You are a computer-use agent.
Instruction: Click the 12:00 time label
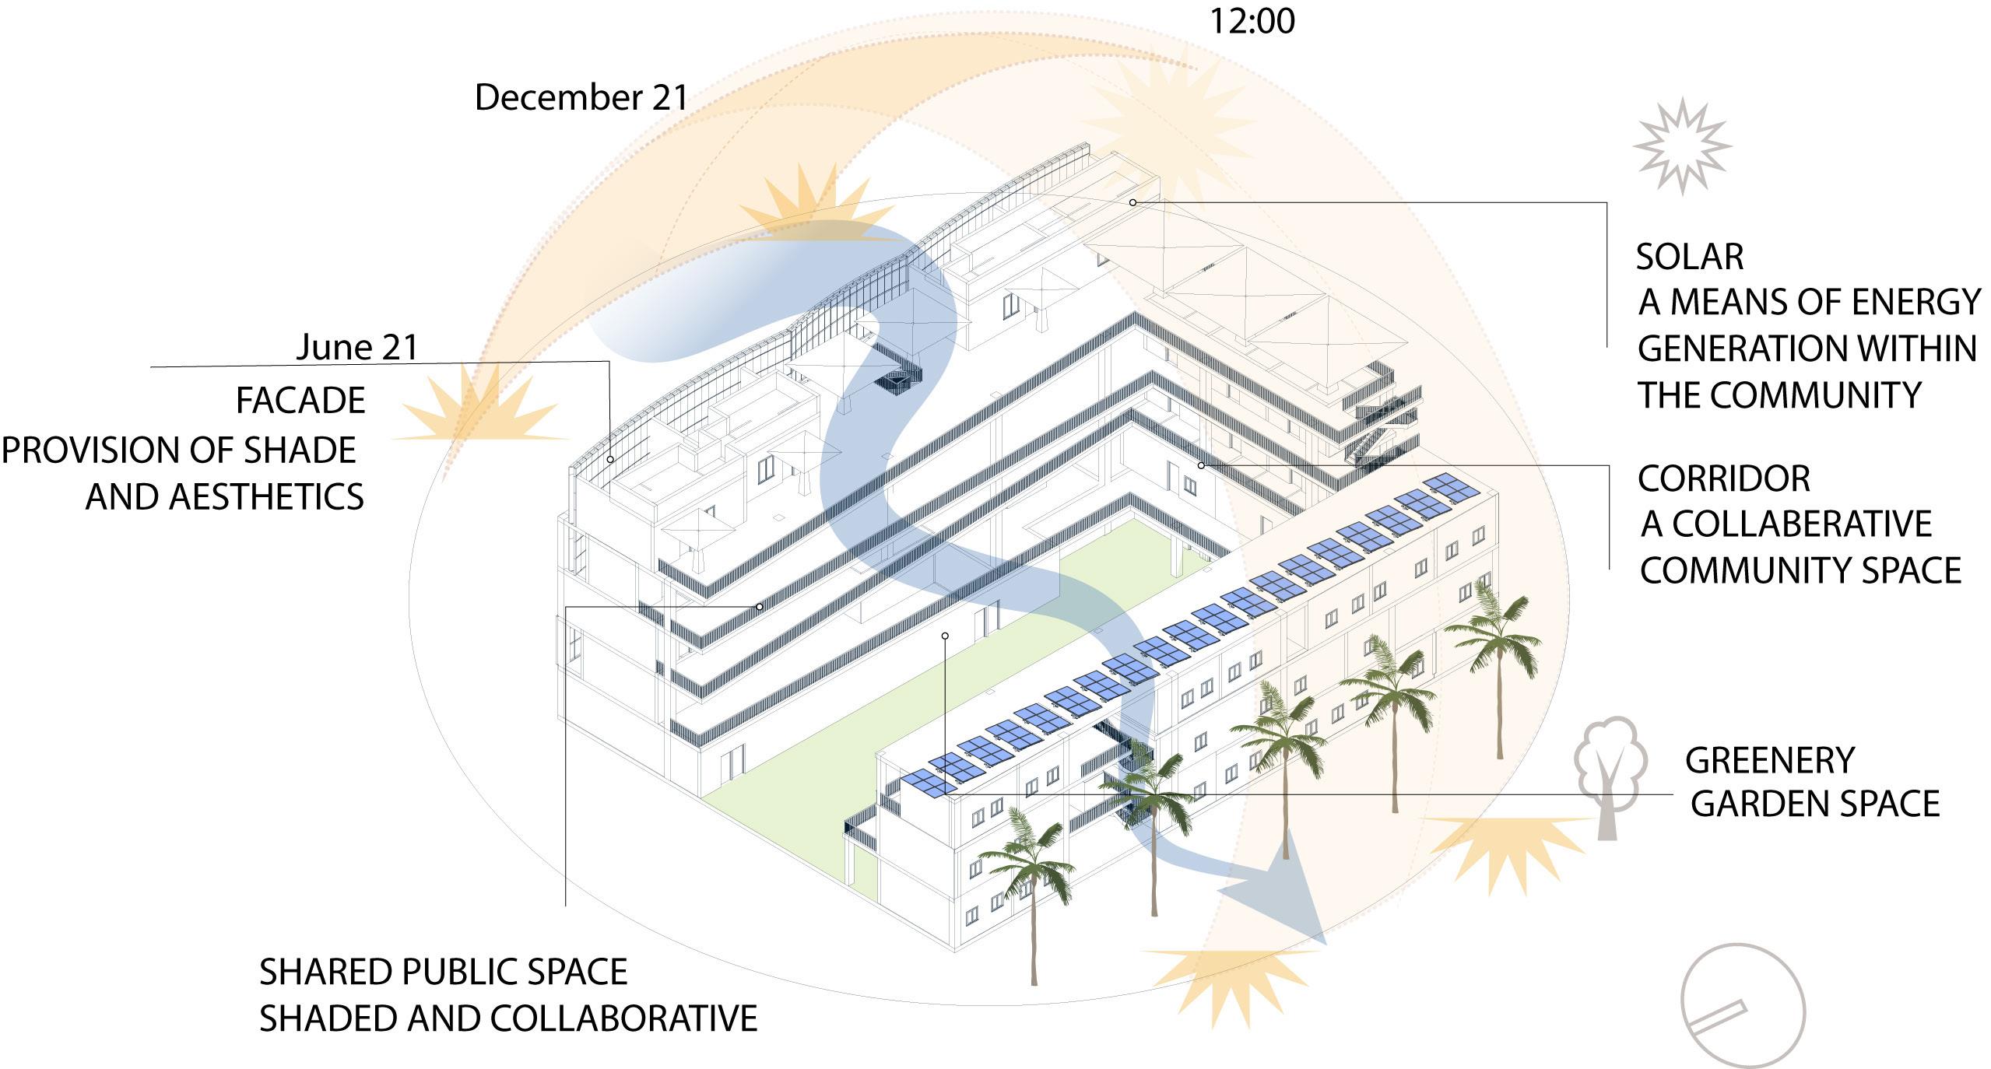point(1252,21)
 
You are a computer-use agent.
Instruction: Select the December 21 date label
point(581,98)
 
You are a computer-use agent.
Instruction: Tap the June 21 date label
point(357,347)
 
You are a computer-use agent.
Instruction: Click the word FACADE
point(300,401)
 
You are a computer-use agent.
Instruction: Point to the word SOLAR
point(1689,258)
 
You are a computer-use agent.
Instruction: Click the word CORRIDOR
point(1723,479)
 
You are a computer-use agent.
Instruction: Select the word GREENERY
point(1770,761)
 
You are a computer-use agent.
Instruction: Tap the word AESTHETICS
point(266,497)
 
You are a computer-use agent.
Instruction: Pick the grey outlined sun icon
point(1682,145)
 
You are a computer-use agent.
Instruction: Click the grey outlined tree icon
point(1610,775)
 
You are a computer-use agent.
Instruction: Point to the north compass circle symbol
point(1742,1005)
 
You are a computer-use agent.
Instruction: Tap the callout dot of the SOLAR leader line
point(1132,202)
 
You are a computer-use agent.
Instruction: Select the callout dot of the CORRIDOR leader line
point(1201,465)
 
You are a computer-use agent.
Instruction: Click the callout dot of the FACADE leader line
point(610,460)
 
